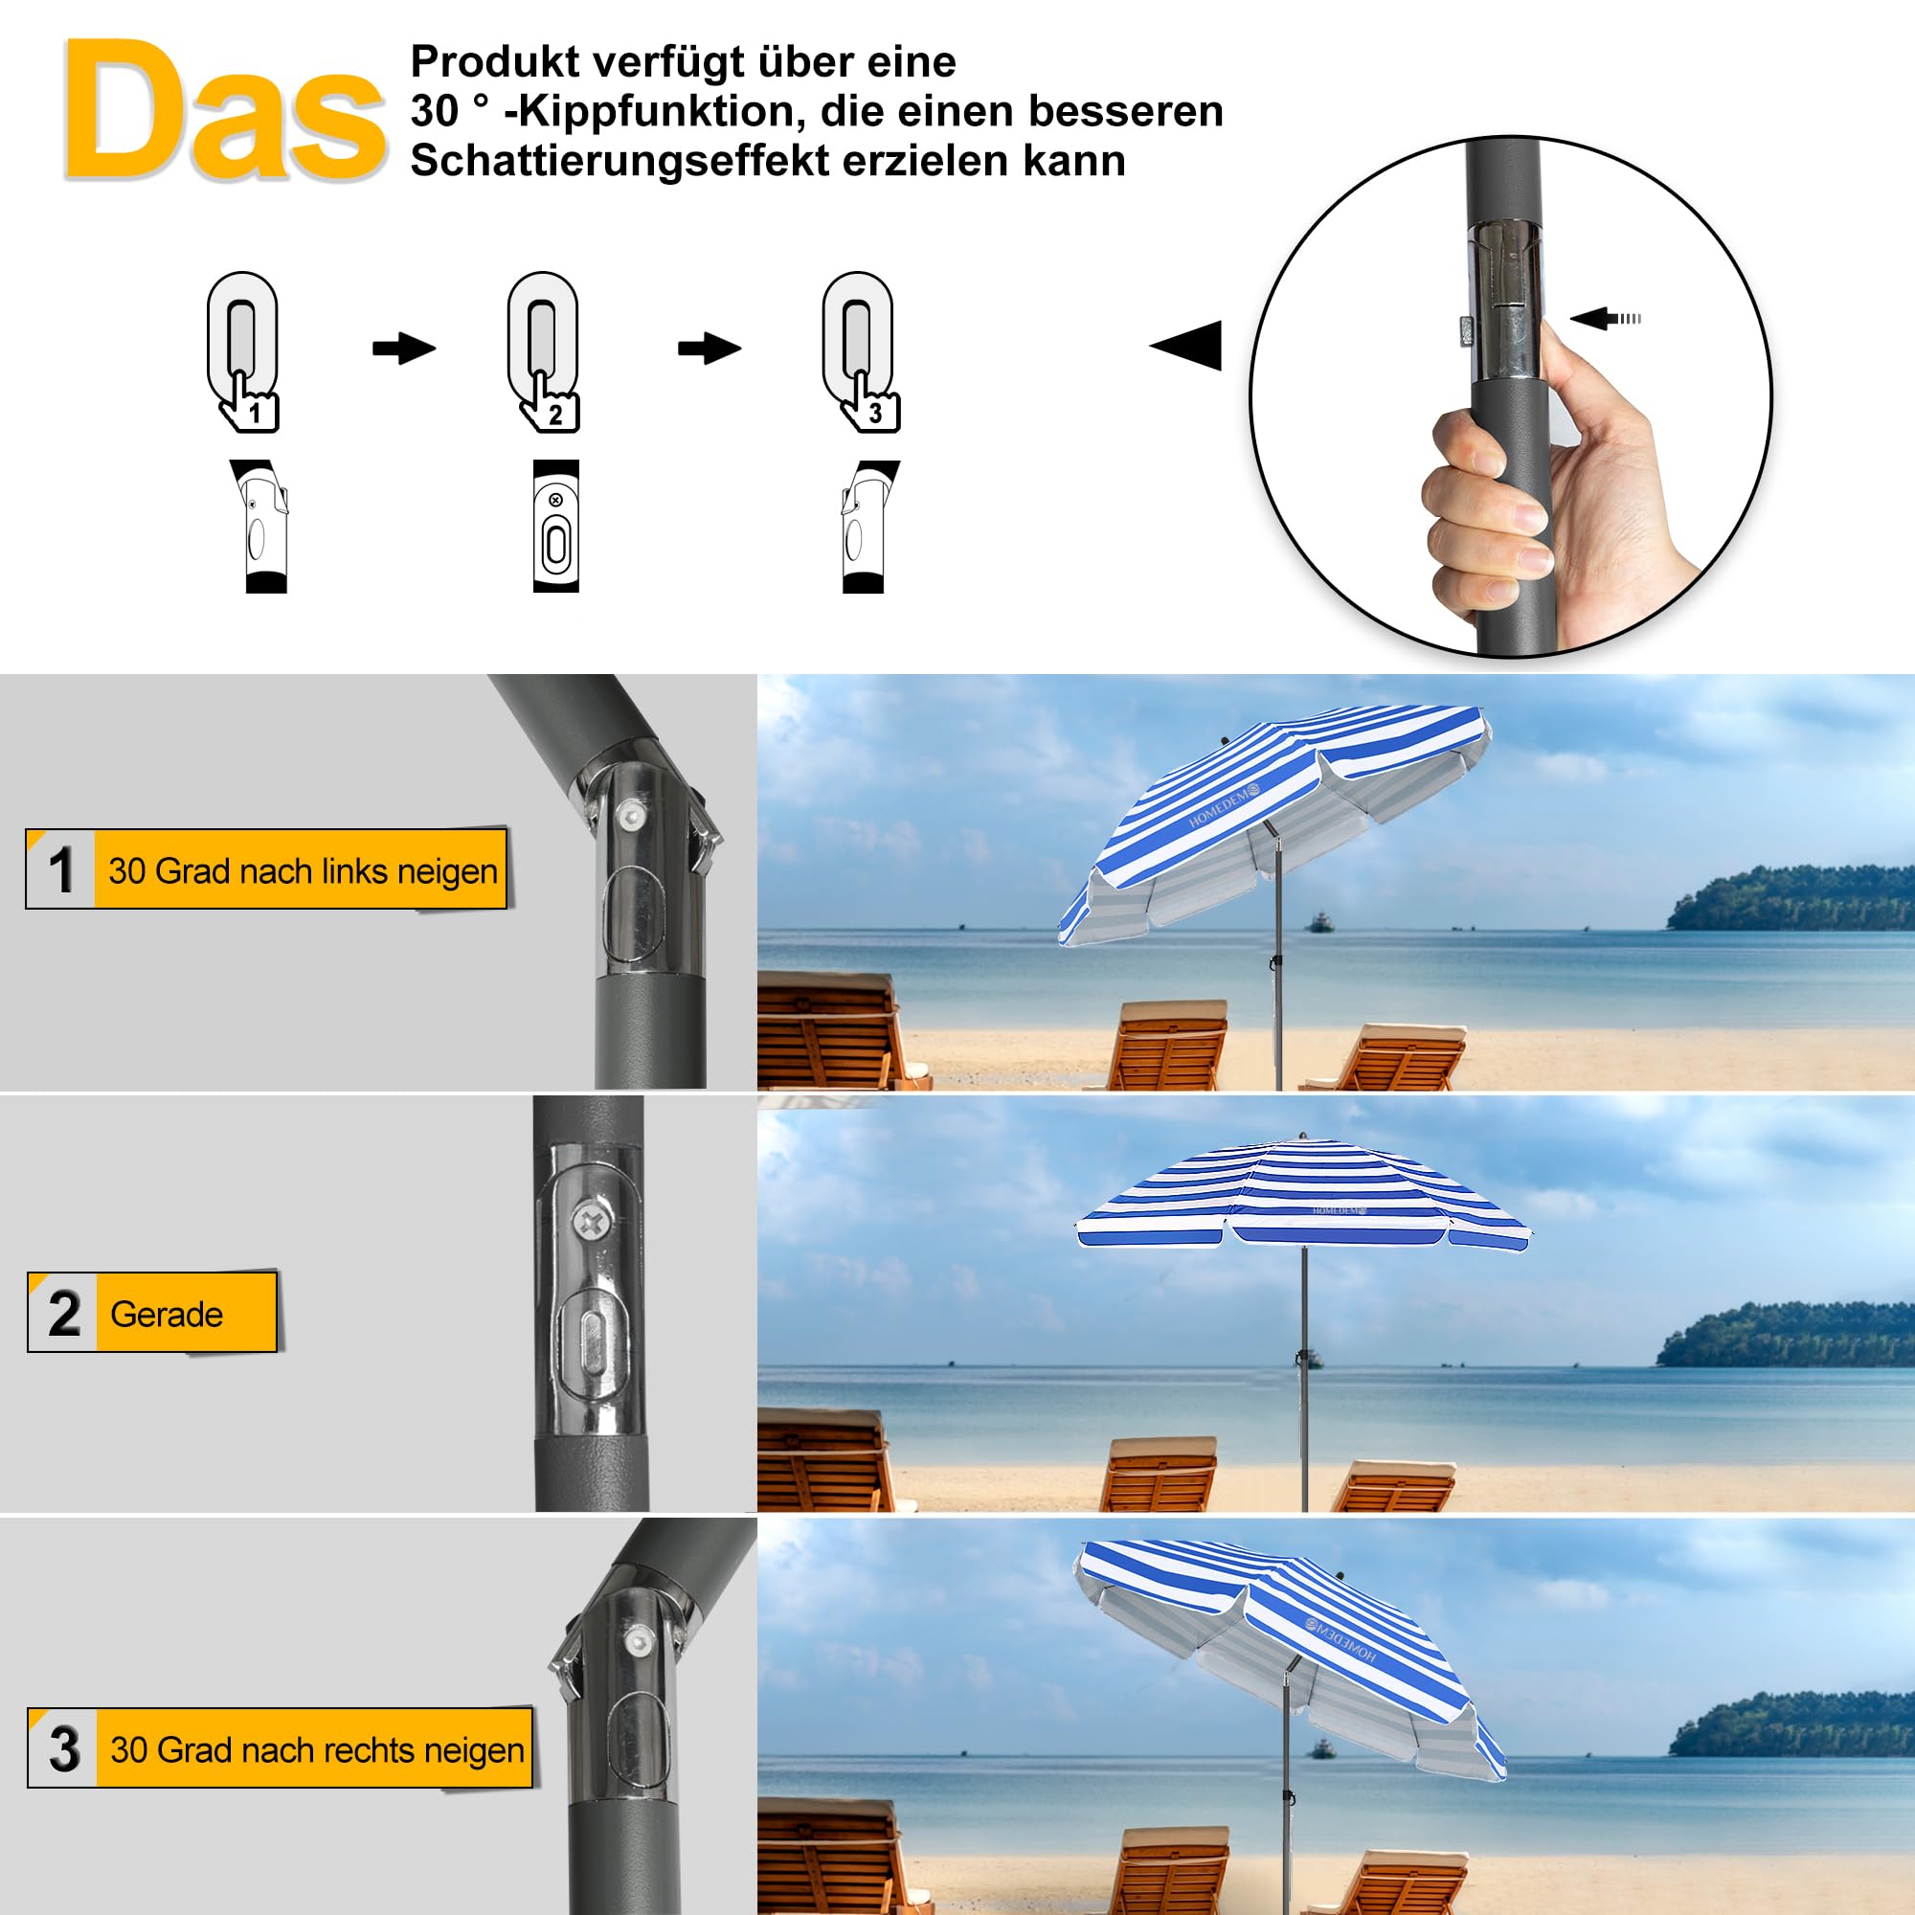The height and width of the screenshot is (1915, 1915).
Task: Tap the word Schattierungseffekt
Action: (x=619, y=161)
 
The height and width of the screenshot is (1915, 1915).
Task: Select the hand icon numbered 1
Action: (x=249, y=402)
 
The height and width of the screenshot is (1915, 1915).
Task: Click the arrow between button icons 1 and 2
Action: (x=403, y=348)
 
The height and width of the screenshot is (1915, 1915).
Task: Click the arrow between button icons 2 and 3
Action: (x=709, y=348)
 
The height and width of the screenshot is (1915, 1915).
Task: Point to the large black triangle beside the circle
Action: (x=1188, y=345)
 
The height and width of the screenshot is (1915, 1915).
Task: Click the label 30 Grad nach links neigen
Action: (x=302, y=870)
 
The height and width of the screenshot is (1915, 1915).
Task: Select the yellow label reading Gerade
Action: (x=167, y=1314)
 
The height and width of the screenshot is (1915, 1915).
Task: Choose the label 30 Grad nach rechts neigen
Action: (x=316, y=1749)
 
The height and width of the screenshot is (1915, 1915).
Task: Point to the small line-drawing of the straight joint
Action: (x=556, y=526)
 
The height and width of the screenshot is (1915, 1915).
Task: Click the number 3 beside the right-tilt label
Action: (x=64, y=1749)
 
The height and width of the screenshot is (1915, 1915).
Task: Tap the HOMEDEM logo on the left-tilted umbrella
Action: (x=1223, y=804)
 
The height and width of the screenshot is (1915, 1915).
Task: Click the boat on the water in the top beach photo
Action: (x=1320, y=923)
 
